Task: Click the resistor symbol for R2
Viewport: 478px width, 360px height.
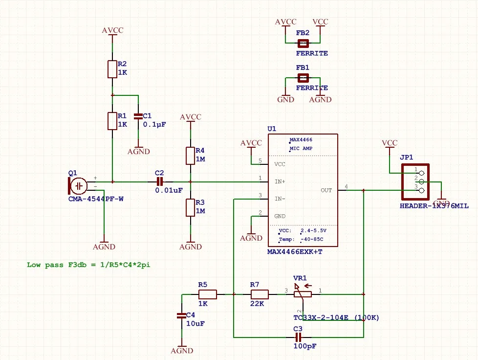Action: coord(112,69)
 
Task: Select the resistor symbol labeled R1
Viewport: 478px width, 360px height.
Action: coord(112,120)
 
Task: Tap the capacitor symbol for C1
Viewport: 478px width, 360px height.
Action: coord(139,116)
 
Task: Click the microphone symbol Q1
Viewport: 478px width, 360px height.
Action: coord(78,185)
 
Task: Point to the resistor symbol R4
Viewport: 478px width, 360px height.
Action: coord(191,156)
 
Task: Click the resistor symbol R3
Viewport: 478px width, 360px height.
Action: coord(191,207)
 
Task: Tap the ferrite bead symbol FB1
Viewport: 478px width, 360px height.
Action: coord(303,78)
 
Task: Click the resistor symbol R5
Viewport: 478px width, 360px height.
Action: coord(207,294)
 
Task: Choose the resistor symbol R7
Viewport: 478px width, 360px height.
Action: coord(260,294)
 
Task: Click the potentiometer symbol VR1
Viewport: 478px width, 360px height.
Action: coord(303,294)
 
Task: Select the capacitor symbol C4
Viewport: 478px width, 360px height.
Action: coord(182,316)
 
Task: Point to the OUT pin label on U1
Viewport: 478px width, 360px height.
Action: coord(326,190)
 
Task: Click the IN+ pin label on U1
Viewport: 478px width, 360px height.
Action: coord(280,181)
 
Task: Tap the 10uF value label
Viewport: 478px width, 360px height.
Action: coord(196,323)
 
